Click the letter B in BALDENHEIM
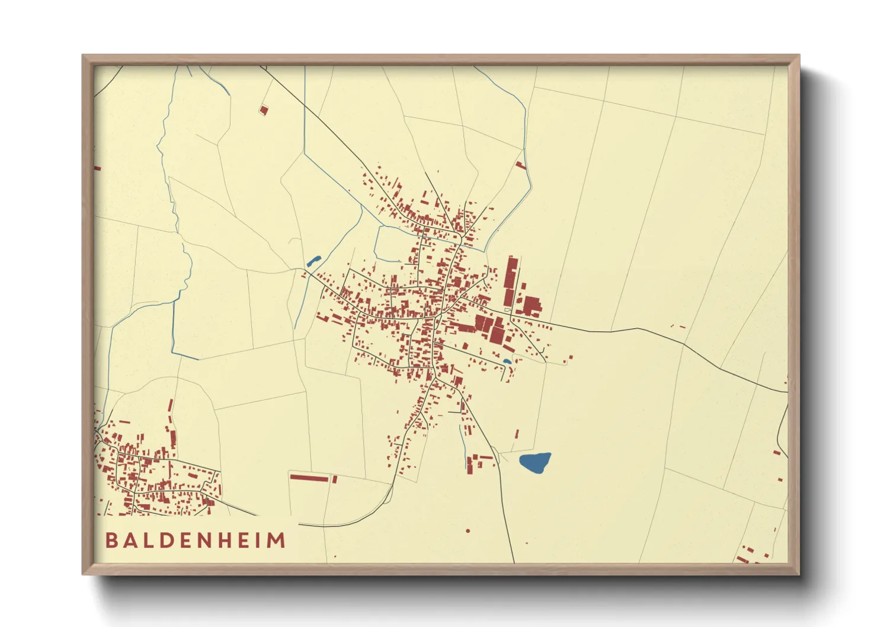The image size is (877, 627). click(111, 540)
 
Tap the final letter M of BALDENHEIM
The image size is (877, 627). click(277, 540)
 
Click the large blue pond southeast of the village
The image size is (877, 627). click(535, 462)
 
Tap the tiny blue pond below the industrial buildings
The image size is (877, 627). click(507, 361)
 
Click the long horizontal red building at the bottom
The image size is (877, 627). click(309, 477)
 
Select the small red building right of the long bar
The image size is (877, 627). click(335, 479)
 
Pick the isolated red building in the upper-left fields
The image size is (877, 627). click(264, 110)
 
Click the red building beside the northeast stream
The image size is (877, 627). click(521, 165)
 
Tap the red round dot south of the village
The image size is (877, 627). click(468, 531)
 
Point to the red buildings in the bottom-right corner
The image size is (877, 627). click(753, 554)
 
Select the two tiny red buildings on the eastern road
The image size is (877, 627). click(678, 326)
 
